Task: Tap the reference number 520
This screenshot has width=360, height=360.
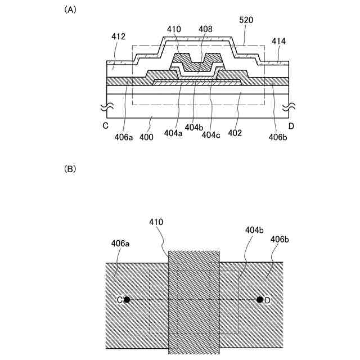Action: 246,20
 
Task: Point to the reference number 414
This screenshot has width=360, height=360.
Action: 278,41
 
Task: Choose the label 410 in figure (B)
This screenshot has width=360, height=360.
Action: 157,222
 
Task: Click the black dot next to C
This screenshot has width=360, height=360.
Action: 127,300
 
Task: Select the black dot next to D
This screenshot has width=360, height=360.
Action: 259,300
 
